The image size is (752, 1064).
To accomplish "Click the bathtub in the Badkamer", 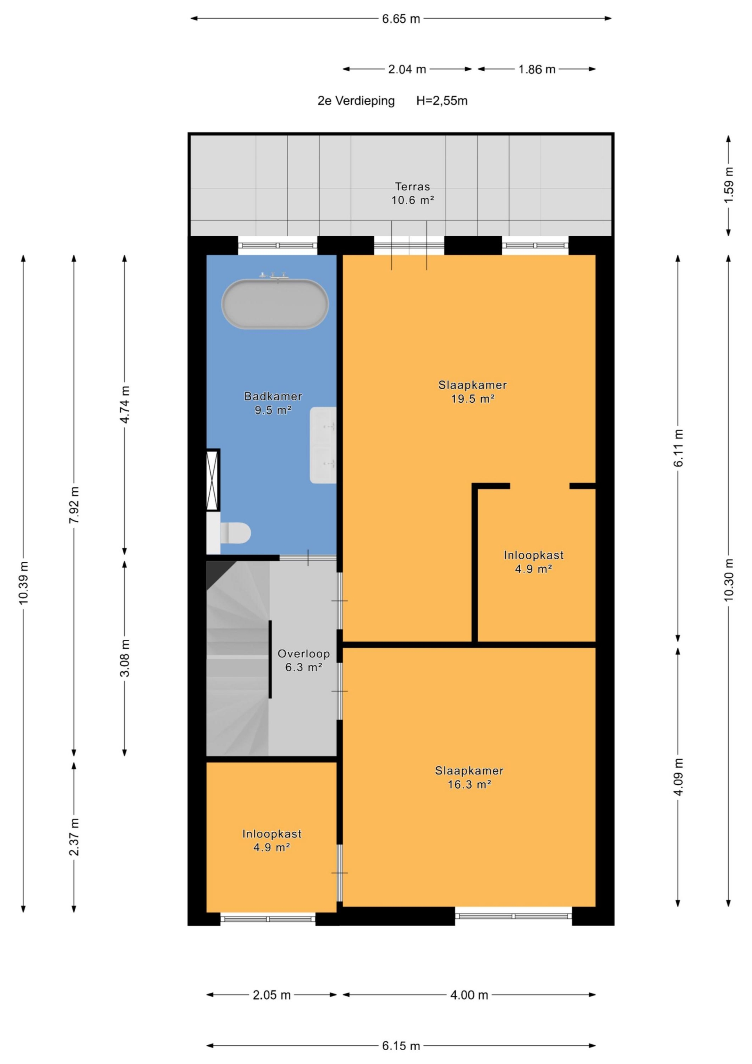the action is click(275, 304).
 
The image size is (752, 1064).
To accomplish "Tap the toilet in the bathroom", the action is click(235, 532).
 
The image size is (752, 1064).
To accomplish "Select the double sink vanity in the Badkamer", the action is click(323, 445).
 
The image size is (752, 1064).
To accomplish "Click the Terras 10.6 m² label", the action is click(412, 193).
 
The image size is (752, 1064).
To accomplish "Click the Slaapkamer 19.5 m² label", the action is click(473, 392).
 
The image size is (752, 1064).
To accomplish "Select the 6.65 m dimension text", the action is click(401, 19).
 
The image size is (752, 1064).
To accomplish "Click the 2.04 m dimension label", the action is click(407, 69).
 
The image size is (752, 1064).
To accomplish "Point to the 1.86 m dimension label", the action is click(537, 69).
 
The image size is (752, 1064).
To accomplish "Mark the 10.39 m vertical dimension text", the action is click(23, 583).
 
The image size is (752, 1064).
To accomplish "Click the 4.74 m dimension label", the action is click(125, 404).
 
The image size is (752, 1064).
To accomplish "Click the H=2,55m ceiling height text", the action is click(441, 101).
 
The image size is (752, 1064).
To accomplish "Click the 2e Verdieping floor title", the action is click(356, 101).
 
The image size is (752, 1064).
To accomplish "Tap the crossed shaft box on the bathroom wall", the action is click(213, 480).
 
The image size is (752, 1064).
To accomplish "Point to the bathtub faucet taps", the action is click(274, 277).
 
